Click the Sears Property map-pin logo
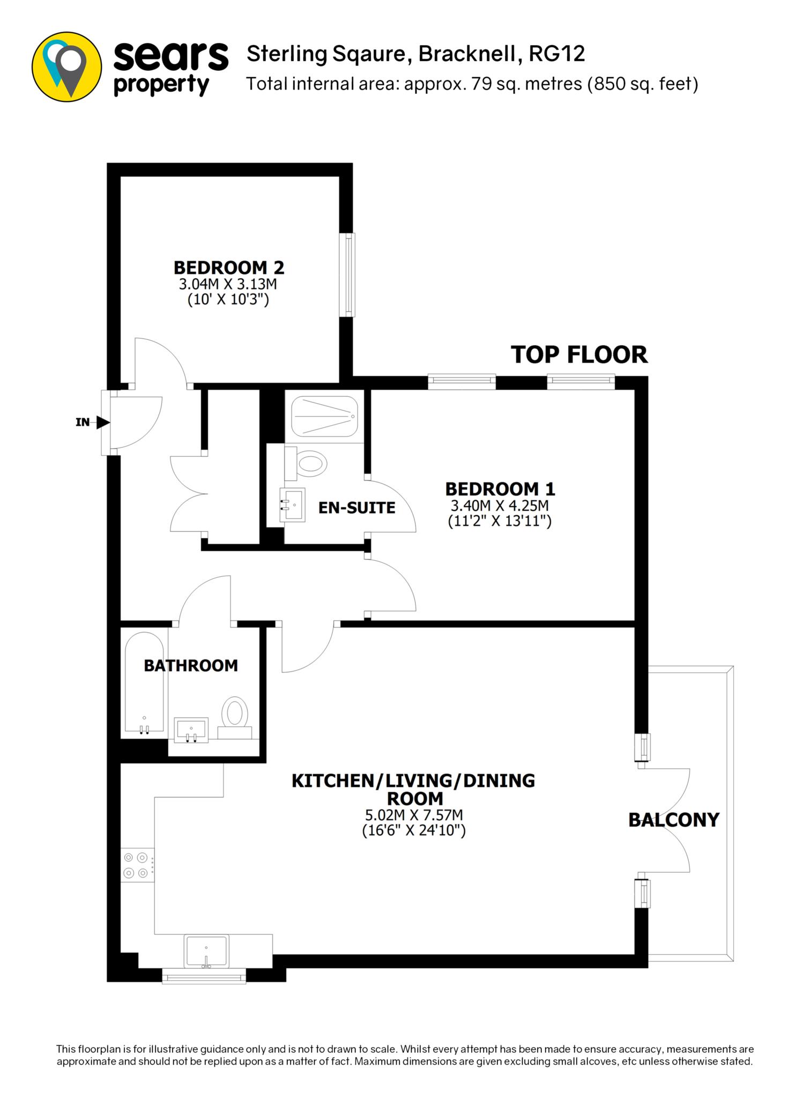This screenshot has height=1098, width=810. tap(66, 66)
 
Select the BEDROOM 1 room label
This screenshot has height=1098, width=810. tap(500, 489)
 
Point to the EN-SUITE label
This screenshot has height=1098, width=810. tap(356, 508)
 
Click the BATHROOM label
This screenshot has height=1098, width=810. tap(191, 665)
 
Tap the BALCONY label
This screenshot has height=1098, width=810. tap(674, 820)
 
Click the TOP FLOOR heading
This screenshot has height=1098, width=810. tap(579, 355)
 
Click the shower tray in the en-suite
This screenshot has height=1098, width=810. tap(324, 416)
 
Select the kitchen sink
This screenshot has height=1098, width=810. tap(206, 951)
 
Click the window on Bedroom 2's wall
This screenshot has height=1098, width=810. tap(348, 274)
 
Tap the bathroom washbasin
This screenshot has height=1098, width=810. tap(191, 730)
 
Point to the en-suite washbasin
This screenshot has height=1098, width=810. tap(293, 505)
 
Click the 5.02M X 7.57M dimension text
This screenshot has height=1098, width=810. tap(414, 815)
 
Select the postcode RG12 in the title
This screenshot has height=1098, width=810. tap(557, 54)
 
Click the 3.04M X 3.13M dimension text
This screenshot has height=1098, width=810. tap(228, 284)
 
